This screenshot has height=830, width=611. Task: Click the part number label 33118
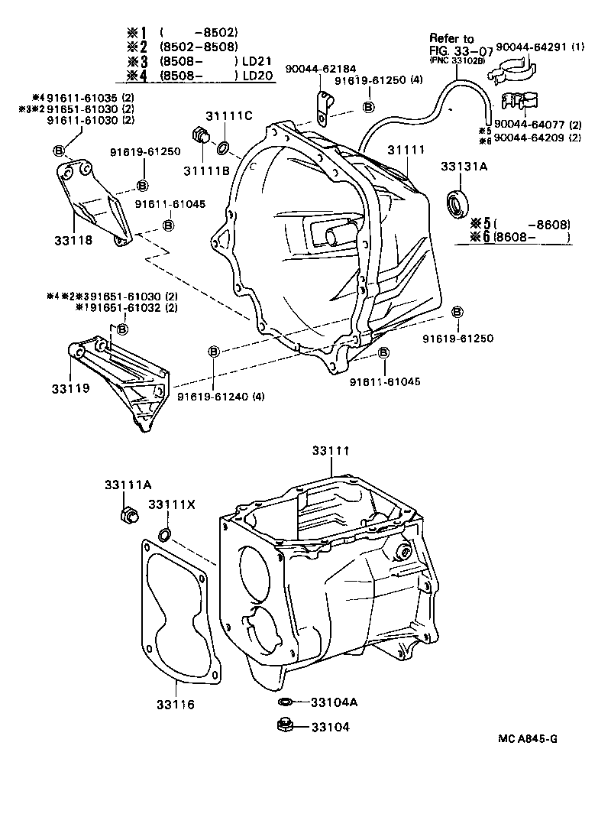pos(73,240)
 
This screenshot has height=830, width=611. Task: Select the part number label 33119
pos(71,388)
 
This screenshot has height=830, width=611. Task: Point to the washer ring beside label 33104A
pos(283,701)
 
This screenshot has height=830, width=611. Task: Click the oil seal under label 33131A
pos(460,204)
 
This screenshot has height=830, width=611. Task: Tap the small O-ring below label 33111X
pos(165,532)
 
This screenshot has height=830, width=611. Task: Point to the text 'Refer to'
pos(451,37)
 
